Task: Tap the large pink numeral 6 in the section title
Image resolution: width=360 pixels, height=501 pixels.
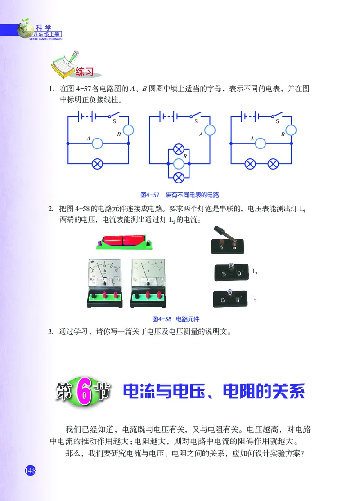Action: point(84,391)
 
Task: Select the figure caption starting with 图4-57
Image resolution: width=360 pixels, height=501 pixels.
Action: point(179,195)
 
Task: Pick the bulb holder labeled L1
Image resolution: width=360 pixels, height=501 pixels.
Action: point(230,273)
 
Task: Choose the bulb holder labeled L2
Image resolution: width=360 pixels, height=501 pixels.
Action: point(230,299)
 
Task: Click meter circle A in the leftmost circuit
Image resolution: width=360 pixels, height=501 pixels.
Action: point(98,143)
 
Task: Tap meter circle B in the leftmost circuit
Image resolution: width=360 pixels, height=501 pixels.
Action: point(129,130)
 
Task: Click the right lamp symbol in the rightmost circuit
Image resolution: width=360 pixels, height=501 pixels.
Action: point(273,164)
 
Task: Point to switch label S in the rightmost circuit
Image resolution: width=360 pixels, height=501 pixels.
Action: point(277,121)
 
